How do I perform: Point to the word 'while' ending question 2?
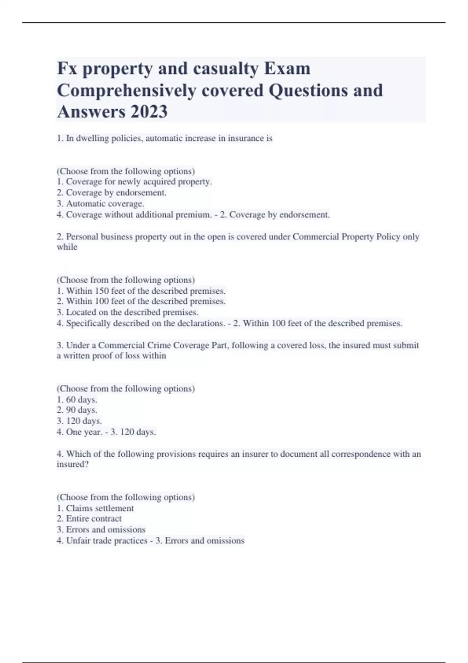[x=67, y=247]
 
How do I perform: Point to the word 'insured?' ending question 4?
[x=73, y=464]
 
